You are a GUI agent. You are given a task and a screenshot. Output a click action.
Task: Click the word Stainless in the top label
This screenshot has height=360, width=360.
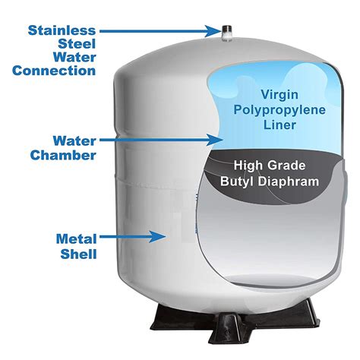click(63, 30)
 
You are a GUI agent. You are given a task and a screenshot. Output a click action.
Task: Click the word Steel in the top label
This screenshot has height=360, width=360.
click(78, 44)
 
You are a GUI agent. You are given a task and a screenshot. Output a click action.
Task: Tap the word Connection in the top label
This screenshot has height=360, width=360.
click(55, 71)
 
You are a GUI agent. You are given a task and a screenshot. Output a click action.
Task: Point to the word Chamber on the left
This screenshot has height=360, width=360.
click(63, 155)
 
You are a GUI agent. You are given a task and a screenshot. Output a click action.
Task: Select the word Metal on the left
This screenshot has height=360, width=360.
click(76, 239)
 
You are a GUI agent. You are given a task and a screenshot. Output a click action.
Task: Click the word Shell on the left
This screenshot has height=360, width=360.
click(79, 254)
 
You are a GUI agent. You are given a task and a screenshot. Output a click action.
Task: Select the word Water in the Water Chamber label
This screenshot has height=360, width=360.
click(74, 141)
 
